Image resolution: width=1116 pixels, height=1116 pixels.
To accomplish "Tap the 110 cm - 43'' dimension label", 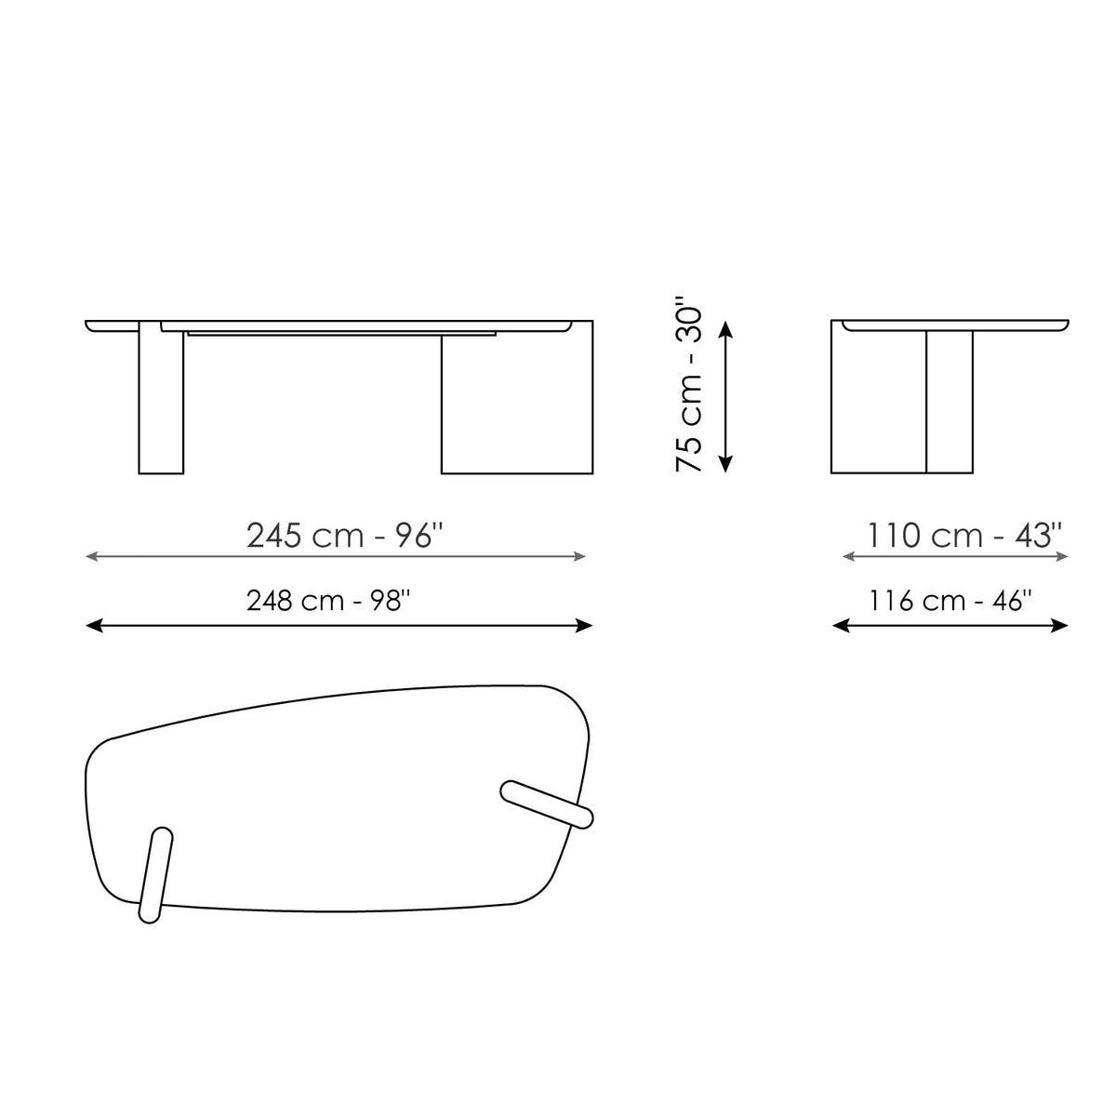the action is (964, 535).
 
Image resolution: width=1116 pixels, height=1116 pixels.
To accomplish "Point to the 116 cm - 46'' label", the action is (950, 600).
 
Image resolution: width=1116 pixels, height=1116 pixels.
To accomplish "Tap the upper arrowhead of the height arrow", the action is (725, 329).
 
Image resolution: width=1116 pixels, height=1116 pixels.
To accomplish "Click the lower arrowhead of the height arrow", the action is (725, 464).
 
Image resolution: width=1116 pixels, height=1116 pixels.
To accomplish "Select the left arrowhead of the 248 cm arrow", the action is (95, 625).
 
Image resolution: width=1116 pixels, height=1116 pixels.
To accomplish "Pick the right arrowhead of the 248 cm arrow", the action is (584, 625).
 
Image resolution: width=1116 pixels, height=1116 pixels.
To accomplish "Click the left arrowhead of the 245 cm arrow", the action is (91, 556).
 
